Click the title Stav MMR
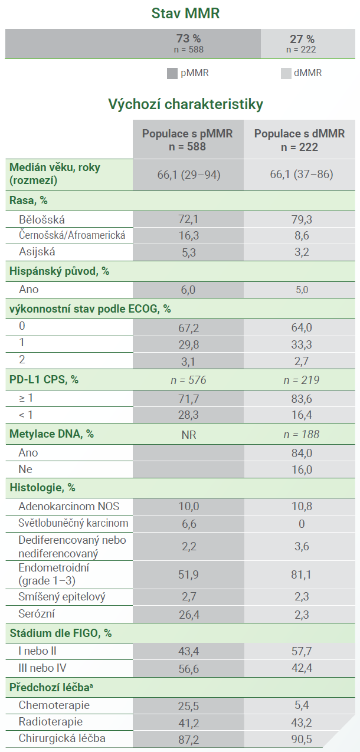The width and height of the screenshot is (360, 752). pyautogui.click(x=185, y=14)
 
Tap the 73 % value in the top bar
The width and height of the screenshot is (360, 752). pyautogui.click(x=189, y=38)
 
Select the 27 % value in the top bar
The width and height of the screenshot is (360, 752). pyautogui.click(x=302, y=39)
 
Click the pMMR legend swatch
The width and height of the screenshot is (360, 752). pyautogui.click(x=172, y=74)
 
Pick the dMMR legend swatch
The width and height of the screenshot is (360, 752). pyautogui.click(x=286, y=74)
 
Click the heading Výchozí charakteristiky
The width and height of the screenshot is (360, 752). pyautogui.click(x=185, y=104)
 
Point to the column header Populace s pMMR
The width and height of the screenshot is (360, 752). pyautogui.click(x=188, y=134)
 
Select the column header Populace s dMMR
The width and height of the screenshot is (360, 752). pyautogui.click(x=300, y=134)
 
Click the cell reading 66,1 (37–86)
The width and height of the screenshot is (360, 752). pyautogui.click(x=302, y=174)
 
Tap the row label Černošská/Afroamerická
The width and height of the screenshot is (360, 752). pyautogui.click(x=72, y=235)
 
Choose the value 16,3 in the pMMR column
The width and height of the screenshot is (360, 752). pyautogui.click(x=189, y=236)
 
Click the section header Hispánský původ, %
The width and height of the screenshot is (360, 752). pyautogui.click(x=60, y=271)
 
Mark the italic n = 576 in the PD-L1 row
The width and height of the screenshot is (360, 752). pyautogui.click(x=188, y=380)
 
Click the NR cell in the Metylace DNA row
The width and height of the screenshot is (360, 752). pyautogui.click(x=189, y=435)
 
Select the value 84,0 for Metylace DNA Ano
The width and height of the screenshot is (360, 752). pyautogui.click(x=302, y=453)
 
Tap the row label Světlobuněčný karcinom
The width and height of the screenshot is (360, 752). pyautogui.click(x=73, y=523)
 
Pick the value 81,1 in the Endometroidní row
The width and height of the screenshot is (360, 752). pyautogui.click(x=301, y=574)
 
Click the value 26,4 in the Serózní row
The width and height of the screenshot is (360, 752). pyautogui.click(x=189, y=615)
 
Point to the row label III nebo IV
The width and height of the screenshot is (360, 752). pyautogui.click(x=42, y=668)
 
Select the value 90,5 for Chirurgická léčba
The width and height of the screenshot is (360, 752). pyautogui.click(x=302, y=739)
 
